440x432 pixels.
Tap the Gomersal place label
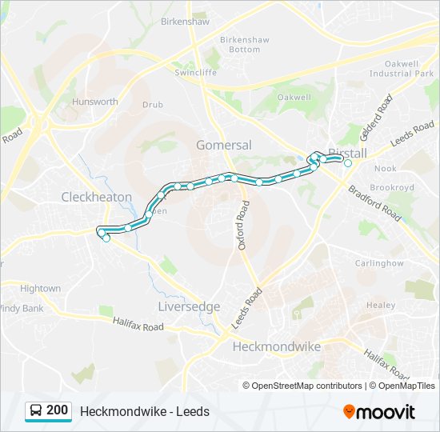224,145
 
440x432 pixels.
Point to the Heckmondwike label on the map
276,346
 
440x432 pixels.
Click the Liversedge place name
190,306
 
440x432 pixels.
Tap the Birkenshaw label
184,22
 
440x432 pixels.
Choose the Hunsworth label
95,102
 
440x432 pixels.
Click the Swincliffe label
196,72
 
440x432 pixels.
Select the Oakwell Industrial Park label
401,68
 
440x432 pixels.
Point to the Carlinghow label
379,262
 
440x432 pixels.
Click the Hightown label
40,288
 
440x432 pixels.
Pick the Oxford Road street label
243,226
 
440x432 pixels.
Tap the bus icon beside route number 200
36,411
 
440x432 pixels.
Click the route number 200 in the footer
57,410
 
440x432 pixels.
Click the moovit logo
379,412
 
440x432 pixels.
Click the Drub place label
152,105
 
